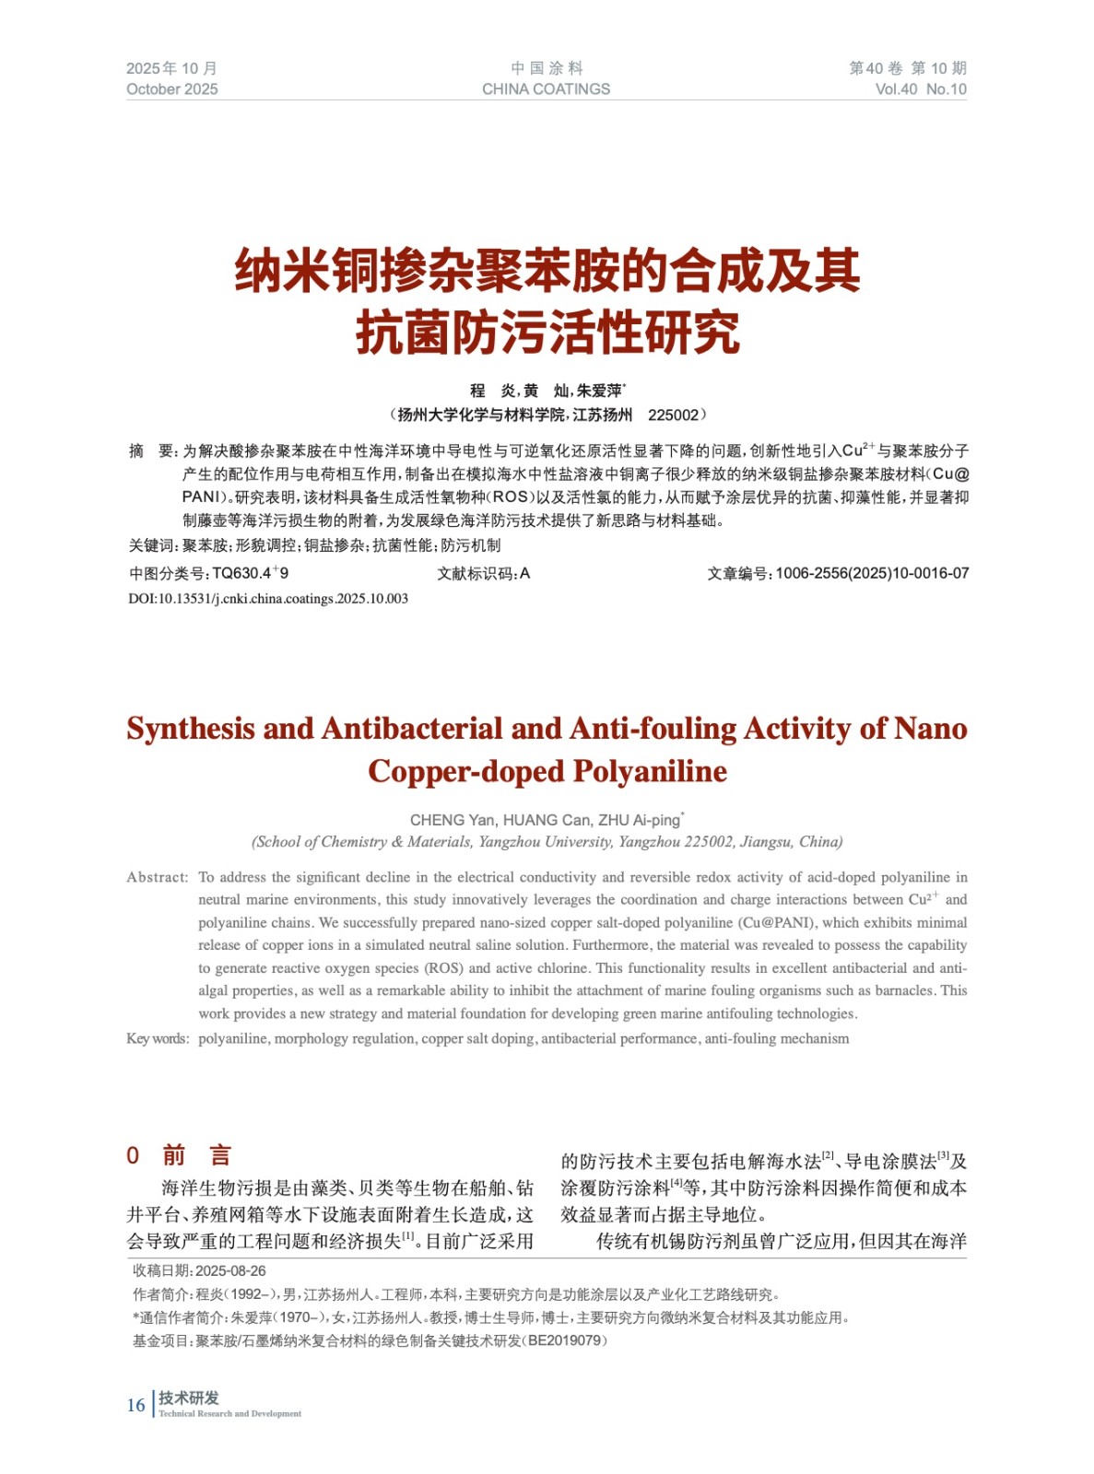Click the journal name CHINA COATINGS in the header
click(546, 89)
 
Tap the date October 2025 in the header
click(172, 89)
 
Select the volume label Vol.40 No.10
click(920, 89)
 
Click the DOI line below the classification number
click(267, 599)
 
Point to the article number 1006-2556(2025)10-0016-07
click(871, 573)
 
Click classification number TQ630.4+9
click(250, 573)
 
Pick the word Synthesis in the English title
click(191, 729)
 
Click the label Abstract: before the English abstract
click(157, 877)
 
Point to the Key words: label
click(158, 1038)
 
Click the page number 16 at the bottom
click(135, 1405)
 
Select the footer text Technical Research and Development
click(229, 1413)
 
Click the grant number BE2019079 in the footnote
click(566, 1340)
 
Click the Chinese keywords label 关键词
click(152, 545)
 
